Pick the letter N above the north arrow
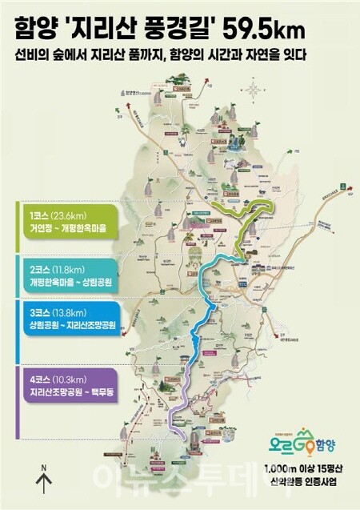45,466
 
